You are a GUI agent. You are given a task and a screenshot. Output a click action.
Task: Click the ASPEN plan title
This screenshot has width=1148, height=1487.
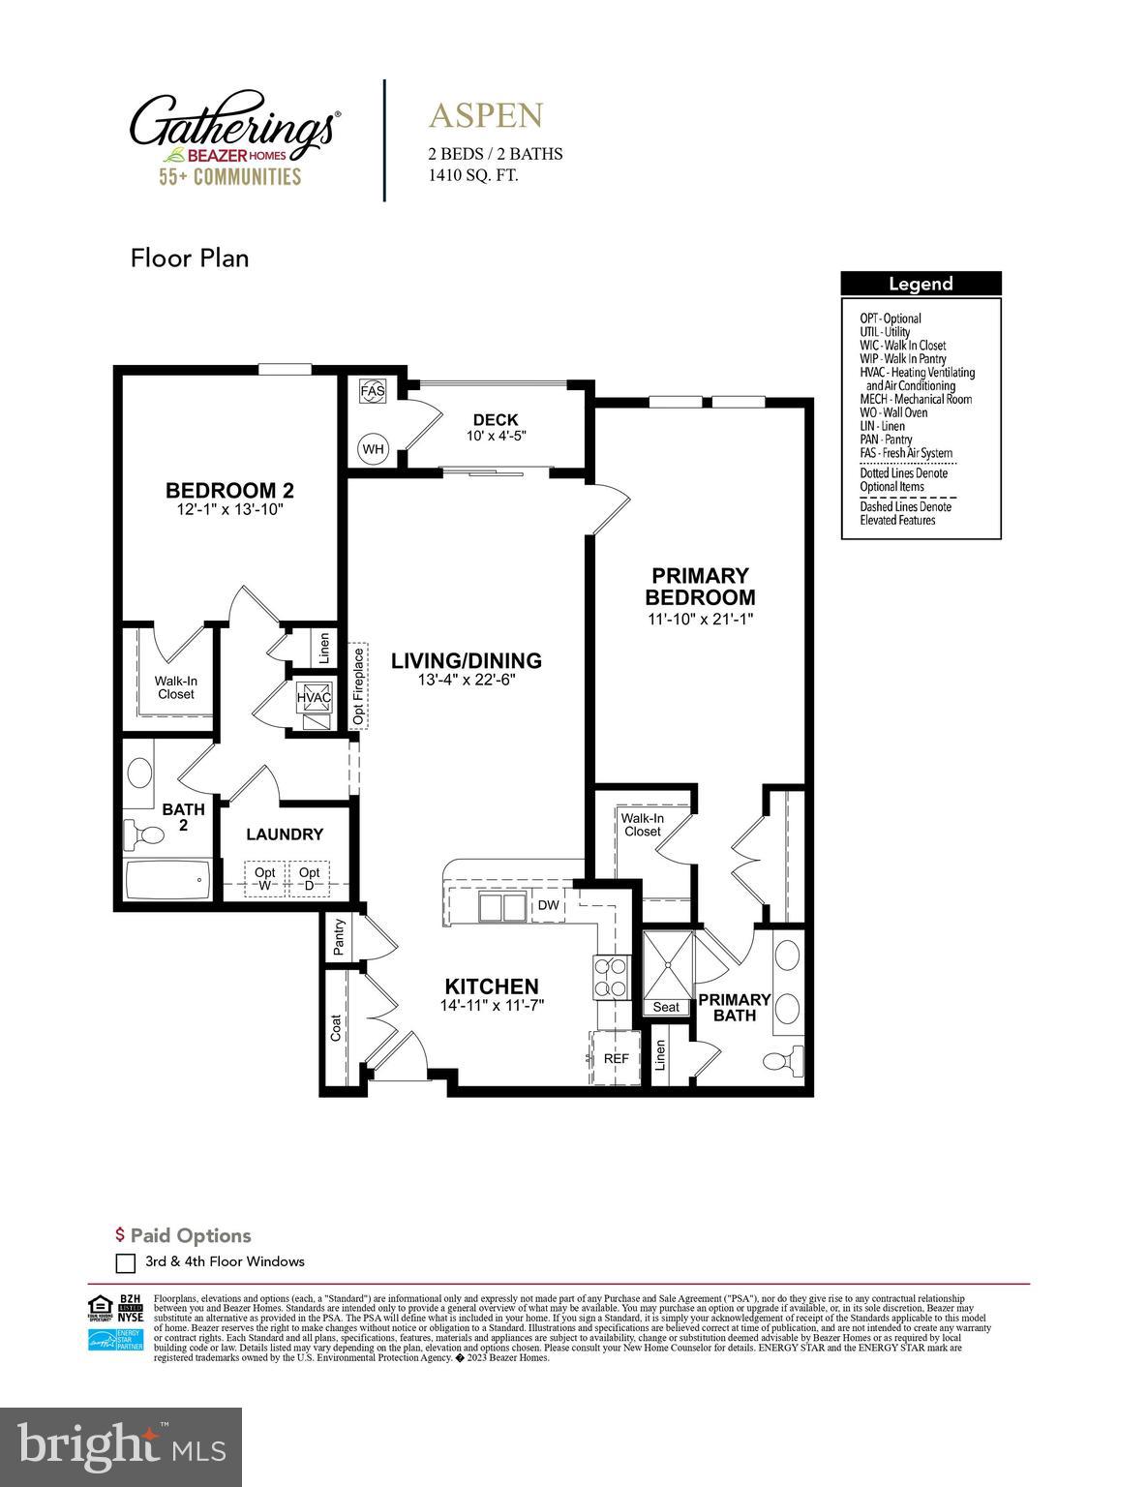(x=486, y=115)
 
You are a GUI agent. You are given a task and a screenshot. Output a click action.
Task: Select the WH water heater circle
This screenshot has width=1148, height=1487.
(x=373, y=448)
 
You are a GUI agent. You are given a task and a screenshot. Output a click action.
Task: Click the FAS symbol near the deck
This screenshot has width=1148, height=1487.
(x=373, y=391)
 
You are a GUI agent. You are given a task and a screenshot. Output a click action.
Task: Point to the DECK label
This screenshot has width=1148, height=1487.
(x=496, y=419)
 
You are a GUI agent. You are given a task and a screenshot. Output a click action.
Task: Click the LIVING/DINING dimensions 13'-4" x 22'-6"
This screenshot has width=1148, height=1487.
(x=466, y=680)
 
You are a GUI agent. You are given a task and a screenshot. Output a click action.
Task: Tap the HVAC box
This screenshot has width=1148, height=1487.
(x=314, y=697)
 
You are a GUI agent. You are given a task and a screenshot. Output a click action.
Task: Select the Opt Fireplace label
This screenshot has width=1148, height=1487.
(x=359, y=685)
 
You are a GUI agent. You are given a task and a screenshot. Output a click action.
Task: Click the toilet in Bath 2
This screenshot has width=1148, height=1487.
(x=141, y=834)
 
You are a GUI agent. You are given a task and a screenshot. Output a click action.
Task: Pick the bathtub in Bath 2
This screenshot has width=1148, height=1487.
(x=166, y=880)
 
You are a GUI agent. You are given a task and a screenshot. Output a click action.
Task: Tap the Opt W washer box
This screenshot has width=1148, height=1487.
(x=264, y=879)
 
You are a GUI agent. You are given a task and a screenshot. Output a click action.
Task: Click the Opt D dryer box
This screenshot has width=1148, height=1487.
(x=310, y=879)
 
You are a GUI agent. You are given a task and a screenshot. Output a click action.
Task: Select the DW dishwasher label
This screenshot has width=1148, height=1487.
(x=548, y=906)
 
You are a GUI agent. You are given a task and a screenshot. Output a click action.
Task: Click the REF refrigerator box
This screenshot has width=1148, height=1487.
(x=615, y=1058)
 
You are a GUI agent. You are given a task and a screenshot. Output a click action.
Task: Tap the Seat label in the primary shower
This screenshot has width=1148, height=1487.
(x=666, y=1007)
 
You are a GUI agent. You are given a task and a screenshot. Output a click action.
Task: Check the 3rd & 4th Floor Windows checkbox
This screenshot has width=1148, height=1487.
(x=125, y=1262)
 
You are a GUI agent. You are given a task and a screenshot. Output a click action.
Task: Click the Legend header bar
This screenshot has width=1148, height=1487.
(x=921, y=284)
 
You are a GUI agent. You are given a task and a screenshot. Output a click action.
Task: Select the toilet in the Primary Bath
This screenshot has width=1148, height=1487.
(x=782, y=1058)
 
